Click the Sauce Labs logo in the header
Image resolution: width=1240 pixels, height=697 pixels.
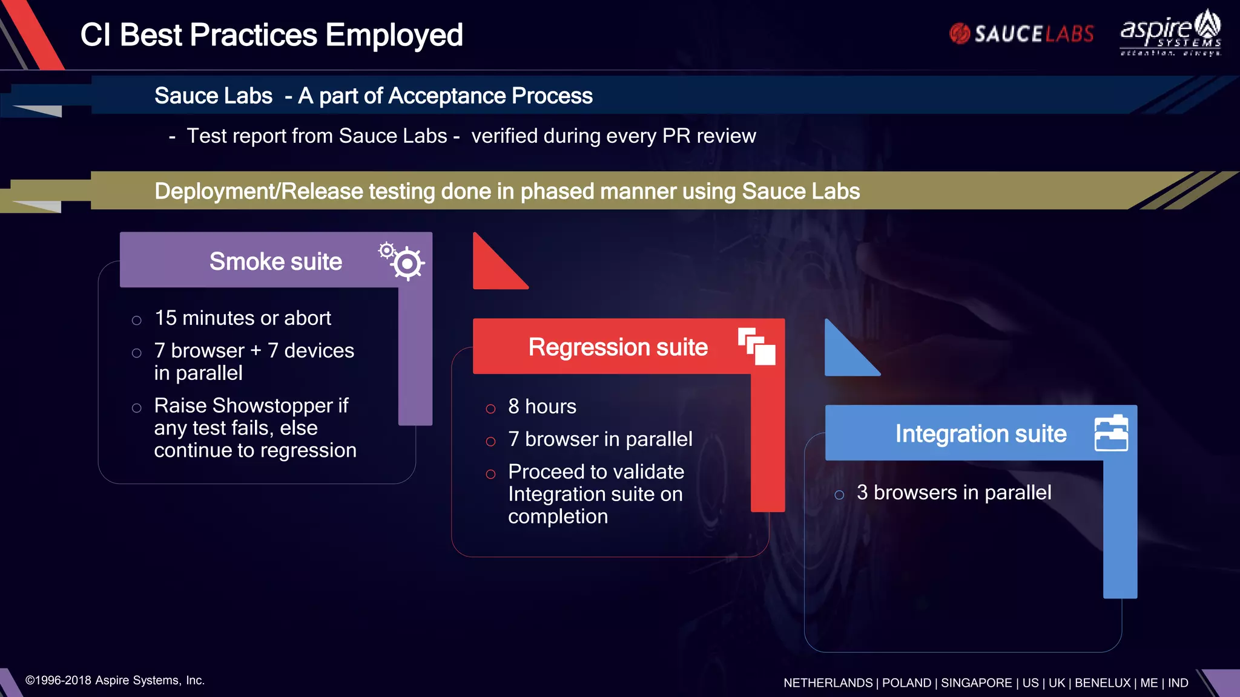tap(1021, 34)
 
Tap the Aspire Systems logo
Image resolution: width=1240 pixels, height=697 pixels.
tap(1170, 33)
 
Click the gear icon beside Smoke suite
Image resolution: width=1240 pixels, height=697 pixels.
tap(403, 260)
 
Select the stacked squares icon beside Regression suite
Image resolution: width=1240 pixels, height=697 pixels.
tap(757, 347)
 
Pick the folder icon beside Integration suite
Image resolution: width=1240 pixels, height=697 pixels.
tap(1111, 433)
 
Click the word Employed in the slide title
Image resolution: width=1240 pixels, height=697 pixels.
tap(394, 35)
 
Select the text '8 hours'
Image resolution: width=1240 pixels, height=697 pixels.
tap(542, 407)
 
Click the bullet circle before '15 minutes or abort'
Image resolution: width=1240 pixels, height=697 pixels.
tap(137, 320)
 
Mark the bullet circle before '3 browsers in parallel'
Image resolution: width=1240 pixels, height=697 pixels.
tap(839, 495)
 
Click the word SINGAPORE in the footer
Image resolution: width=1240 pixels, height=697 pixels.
tap(976, 682)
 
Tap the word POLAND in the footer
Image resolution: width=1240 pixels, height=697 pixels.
tap(906, 682)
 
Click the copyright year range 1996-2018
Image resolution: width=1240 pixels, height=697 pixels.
tap(63, 680)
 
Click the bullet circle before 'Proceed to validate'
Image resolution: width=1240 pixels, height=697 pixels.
tap(490, 474)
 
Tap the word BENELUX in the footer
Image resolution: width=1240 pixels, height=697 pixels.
tap(1103, 682)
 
